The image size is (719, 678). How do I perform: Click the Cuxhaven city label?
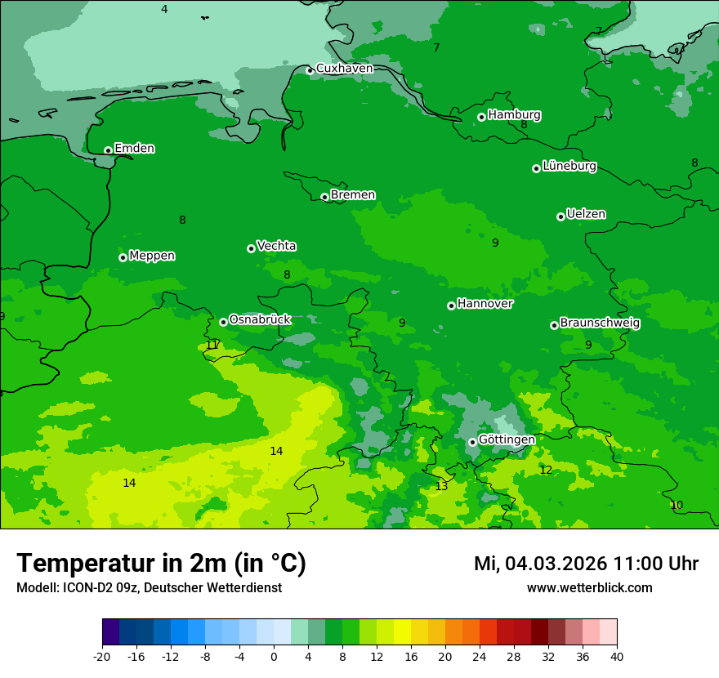(x=344, y=69)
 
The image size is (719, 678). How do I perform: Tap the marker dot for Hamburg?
(x=482, y=117)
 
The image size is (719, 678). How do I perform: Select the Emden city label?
(x=134, y=149)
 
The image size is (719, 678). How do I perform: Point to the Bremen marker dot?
(x=324, y=197)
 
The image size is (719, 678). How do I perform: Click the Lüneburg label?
(x=569, y=167)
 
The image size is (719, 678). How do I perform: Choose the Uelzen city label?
(x=586, y=215)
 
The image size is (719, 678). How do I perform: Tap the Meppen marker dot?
(x=123, y=257)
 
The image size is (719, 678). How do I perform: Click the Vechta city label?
(x=276, y=247)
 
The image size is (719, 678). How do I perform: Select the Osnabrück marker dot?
(x=223, y=322)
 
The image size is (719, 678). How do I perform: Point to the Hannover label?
(x=485, y=304)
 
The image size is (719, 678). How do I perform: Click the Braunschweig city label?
(x=600, y=323)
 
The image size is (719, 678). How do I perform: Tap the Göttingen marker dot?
(x=472, y=442)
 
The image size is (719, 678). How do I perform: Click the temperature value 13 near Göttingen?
(x=441, y=486)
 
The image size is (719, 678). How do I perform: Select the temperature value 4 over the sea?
(x=164, y=10)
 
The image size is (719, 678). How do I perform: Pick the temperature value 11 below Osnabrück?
(x=212, y=346)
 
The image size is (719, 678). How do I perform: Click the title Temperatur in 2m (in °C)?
(x=161, y=564)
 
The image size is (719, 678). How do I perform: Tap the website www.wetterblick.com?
(x=589, y=588)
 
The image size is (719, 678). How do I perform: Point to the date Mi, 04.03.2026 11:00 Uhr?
(x=586, y=564)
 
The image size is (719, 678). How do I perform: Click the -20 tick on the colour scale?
(x=102, y=657)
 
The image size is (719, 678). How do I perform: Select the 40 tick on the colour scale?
(x=617, y=657)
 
